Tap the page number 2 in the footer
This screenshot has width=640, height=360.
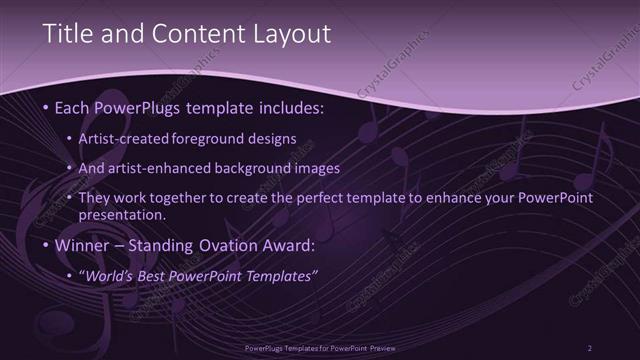coord(589,348)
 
